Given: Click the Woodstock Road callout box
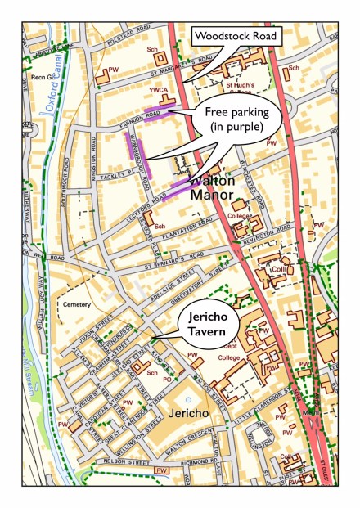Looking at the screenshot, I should click(235, 37).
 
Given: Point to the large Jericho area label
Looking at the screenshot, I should click(191, 416).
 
